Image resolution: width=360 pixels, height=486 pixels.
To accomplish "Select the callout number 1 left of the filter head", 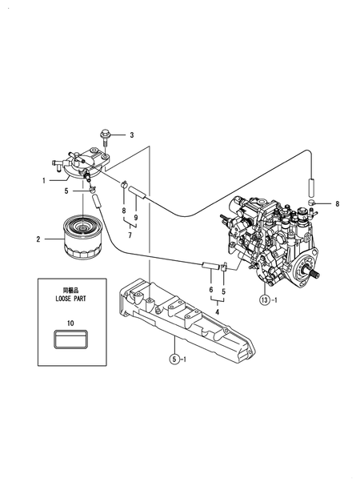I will click(43, 180).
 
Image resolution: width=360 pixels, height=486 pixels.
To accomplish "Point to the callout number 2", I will click(38, 238).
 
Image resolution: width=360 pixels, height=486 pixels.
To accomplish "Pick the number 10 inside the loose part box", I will click(70, 323).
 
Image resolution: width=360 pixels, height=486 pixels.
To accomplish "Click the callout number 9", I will click(136, 218).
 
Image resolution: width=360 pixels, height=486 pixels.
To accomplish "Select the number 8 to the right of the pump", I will click(338, 204).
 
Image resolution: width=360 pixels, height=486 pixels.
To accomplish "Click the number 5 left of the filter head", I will click(66, 191).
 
